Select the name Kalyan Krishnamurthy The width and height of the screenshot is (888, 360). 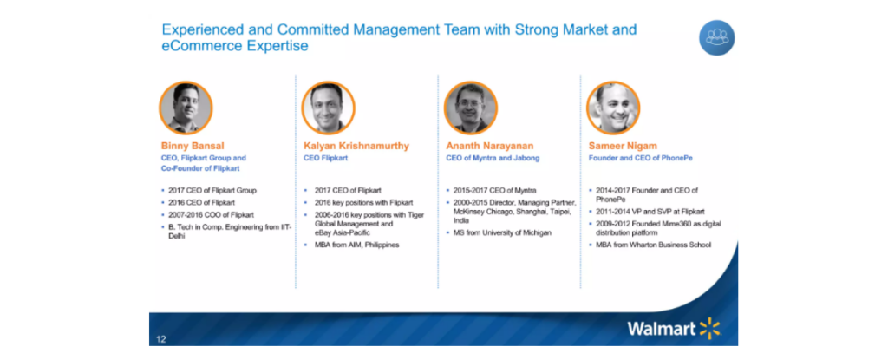(356, 146)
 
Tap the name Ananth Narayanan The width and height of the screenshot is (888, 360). (490, 146)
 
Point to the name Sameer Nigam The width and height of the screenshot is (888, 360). (623, 146)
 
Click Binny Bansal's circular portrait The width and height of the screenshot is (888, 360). (186, 108)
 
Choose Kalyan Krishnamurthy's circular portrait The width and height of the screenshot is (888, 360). (328, 108)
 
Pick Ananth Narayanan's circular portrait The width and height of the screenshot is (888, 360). (471, 108)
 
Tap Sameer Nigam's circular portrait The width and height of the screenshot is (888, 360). (613, 108)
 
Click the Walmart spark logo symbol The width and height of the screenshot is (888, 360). (710, 328)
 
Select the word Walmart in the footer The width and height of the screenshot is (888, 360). (662, 329)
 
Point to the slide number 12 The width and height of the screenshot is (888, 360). (161, 339)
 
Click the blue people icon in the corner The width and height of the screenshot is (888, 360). (716, 38)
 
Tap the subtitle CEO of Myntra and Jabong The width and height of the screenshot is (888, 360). (493, 158)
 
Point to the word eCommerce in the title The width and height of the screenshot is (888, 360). (200, 46)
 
